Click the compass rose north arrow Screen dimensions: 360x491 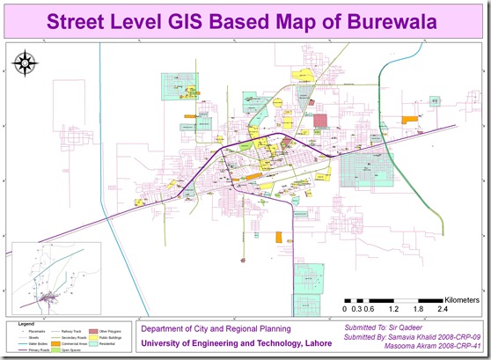24,64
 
